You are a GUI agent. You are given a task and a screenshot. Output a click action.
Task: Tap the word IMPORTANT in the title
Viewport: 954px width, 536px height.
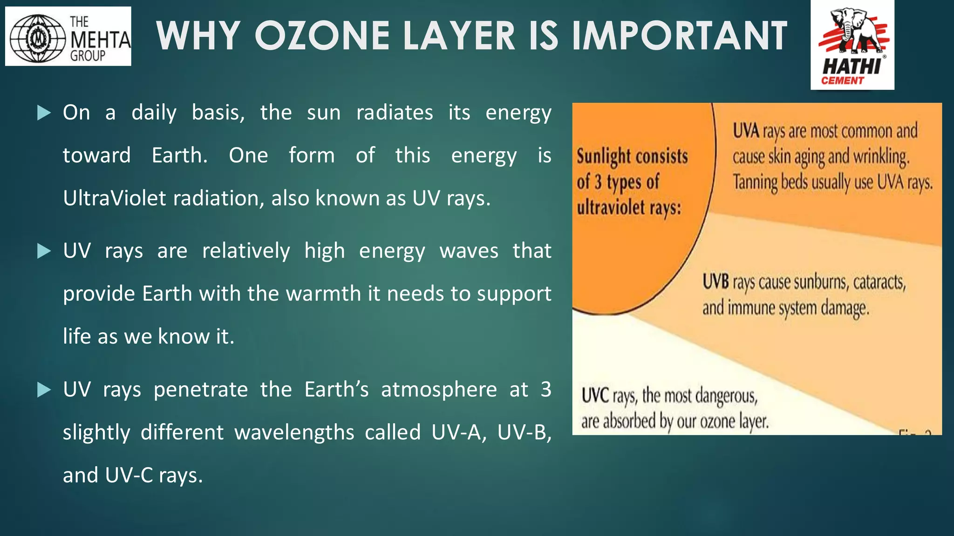[679, 36]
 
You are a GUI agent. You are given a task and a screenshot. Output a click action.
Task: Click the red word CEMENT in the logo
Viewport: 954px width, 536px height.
[842, 80]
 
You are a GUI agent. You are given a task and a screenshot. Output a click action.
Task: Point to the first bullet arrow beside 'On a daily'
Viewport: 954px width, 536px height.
[44, 113]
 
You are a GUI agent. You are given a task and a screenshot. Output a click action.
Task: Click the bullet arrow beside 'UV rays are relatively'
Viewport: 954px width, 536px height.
[44, 251]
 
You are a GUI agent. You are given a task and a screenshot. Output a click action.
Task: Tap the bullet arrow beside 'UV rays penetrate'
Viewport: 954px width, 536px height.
[44, 390]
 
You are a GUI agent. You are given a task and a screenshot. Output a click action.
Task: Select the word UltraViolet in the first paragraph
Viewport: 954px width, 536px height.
[115, 198]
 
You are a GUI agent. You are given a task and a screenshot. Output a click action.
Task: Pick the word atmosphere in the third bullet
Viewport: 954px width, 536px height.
[439, 389]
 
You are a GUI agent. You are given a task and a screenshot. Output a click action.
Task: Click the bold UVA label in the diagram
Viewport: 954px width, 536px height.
[746, 131]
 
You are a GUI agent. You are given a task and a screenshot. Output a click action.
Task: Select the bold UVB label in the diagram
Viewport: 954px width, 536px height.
[715, 282]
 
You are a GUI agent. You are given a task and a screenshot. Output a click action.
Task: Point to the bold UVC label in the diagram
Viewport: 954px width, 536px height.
[595, 396]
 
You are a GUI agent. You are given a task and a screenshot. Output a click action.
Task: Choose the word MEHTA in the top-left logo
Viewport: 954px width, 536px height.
[100, 40]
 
